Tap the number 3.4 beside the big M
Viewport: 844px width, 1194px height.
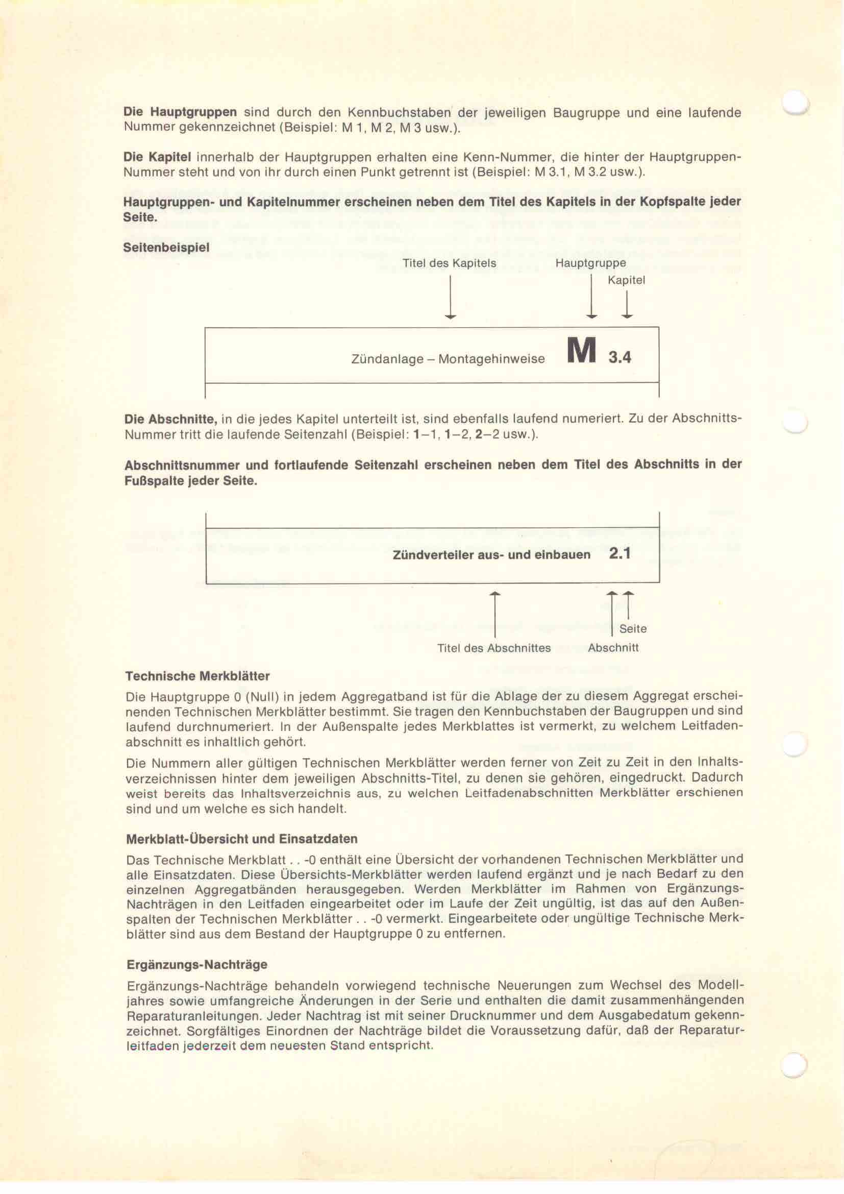619,358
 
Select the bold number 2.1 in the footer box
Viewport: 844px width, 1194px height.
619,554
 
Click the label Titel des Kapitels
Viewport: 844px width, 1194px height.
449,263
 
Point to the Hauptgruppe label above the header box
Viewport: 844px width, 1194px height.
590,263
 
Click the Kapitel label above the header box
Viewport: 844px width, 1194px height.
626,280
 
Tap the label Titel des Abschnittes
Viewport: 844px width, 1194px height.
494,648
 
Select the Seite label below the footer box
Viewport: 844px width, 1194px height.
633,629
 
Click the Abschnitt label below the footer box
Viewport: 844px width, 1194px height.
613,648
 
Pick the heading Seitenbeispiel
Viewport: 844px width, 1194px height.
166,248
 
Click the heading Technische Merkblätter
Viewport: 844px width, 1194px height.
197,676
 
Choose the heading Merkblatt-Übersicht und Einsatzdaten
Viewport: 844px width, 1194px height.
242,839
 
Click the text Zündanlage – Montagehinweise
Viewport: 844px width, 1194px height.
448,359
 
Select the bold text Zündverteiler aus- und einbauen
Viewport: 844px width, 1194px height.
491,555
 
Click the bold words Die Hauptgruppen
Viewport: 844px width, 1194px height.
180,112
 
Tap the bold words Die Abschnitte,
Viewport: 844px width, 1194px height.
170,419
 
